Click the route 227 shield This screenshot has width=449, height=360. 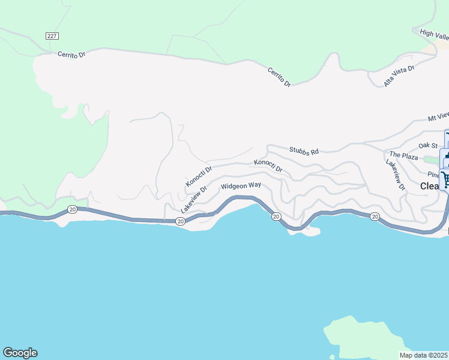click(x=52, y=36)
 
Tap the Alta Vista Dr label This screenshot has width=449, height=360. click(x=399, y=76)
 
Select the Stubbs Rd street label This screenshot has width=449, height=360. click(x=303, y=152)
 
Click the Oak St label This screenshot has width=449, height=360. click(x=429, y=146)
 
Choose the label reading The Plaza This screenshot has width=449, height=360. click(x=403, y=157)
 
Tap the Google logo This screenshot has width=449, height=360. click(x=20, y=353)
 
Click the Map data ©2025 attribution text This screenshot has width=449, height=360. click(x=424, y=355)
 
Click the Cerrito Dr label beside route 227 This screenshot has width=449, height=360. click(x=72, y=55)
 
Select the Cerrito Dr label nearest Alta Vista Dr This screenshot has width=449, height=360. click(x=279, y=76)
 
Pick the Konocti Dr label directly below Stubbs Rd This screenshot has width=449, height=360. click(x=268, y=166)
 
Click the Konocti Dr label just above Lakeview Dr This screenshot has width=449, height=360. click(x=199, y=176)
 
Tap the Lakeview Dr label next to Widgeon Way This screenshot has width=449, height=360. click(x=194, y=200)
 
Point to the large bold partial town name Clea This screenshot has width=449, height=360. click(x=430, y=186)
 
